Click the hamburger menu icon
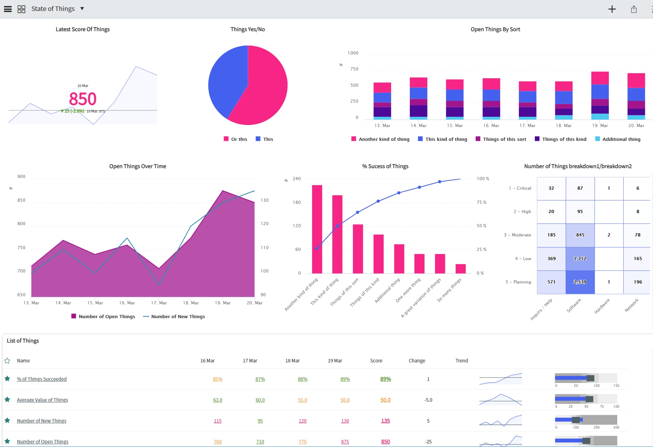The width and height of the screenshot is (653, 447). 8,9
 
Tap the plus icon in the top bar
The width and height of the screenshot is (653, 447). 612,10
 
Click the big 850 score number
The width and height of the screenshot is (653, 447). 82,99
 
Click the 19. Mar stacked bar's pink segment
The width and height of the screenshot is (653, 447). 600,78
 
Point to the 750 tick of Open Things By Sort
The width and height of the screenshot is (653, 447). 354,69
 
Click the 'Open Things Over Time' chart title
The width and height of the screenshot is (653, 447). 137,166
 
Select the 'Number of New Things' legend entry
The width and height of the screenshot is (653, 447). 178,316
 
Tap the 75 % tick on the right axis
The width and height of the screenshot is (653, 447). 481,202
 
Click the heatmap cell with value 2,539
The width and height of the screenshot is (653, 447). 580,282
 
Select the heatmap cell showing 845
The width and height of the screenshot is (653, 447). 580,235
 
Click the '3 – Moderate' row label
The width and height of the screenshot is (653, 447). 517,235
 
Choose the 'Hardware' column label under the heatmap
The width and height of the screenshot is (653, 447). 602,306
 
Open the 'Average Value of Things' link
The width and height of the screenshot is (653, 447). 42,400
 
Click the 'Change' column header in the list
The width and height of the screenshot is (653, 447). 417,361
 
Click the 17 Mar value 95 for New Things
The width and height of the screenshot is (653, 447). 260,421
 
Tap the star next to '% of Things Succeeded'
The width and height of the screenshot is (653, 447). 7,379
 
